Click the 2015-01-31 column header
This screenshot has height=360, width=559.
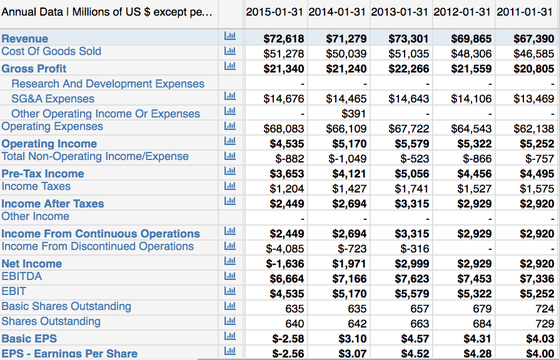(274, 12)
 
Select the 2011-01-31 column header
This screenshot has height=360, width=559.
(525, 12)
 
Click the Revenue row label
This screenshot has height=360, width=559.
(25, 39)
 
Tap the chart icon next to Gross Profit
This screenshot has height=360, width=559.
(229, 66)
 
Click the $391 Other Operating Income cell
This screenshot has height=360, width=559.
(353, 114)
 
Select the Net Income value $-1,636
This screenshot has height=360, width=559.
(285, 264)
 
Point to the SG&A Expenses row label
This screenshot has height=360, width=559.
(53, 99)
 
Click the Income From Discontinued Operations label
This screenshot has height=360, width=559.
(98, 246)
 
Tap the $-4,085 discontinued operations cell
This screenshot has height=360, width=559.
(285, 249)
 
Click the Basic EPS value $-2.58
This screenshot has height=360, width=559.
(288, 339)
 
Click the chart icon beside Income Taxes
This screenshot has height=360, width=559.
(229, 186)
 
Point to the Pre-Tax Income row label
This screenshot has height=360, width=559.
(43, 174)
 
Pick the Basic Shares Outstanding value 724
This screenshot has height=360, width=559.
(545, 309)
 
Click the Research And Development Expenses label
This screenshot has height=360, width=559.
(108, 84)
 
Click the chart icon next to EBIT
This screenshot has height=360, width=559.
(229, 291)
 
